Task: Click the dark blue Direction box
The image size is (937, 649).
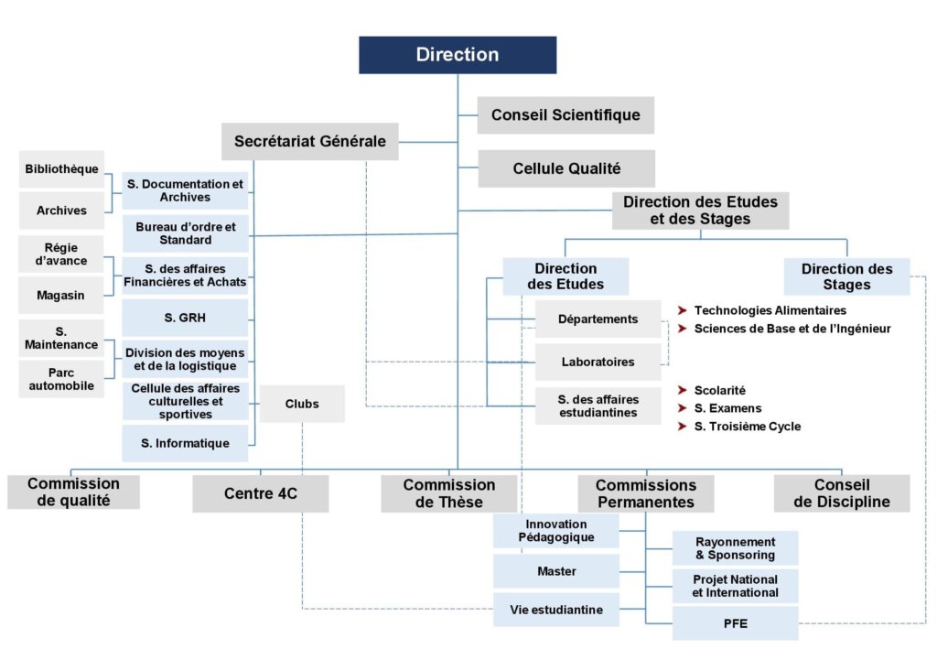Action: click(x=458, y=55)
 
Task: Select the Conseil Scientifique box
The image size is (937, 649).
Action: click(x=565, y=115)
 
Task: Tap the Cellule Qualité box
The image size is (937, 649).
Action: click(x=566, y=168)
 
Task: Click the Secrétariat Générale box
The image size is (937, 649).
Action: click(x=309, y=141)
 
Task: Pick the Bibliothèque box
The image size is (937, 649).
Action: click(x=61, y=169)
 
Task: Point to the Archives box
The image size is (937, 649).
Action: click(x=61, y=211)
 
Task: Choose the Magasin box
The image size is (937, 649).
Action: click(x=61, y=295)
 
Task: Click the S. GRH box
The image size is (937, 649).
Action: click(x=185, y=318)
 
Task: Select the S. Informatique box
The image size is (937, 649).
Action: click(x=185, y=443)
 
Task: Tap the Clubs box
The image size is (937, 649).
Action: click(x=302, y=404)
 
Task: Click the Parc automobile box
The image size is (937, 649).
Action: click(x=61, y=379)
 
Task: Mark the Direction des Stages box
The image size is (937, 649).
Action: click(x=846, y=276)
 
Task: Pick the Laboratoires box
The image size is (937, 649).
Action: click(x=598, y=362)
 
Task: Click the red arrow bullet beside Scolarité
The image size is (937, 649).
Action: click(x=682, y=390)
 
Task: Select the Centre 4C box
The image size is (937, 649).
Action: click(x=261, y=493)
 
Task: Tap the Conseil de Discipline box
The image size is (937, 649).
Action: click(x=842, y=493)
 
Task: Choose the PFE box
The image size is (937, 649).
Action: click(x=735, y=623)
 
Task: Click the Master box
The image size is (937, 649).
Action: click(x=556, y=571)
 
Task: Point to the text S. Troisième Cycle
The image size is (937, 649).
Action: click(x=747, y=427)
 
